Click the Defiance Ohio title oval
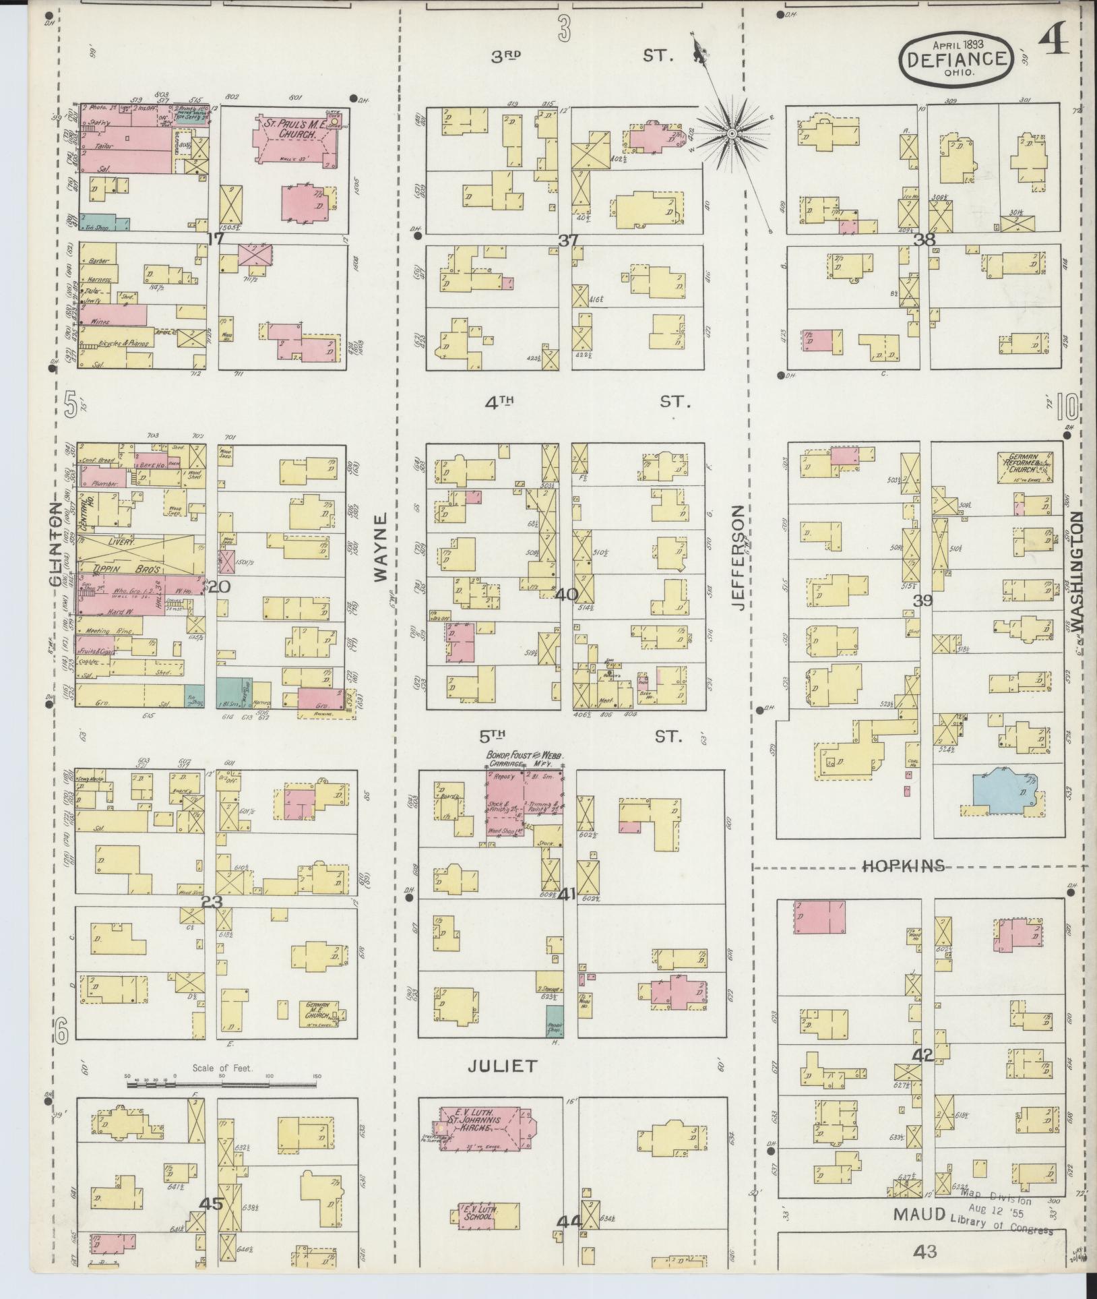(x=956, y=59)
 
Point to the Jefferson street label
(x=740, y=558)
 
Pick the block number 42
(x=922, y=1055)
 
